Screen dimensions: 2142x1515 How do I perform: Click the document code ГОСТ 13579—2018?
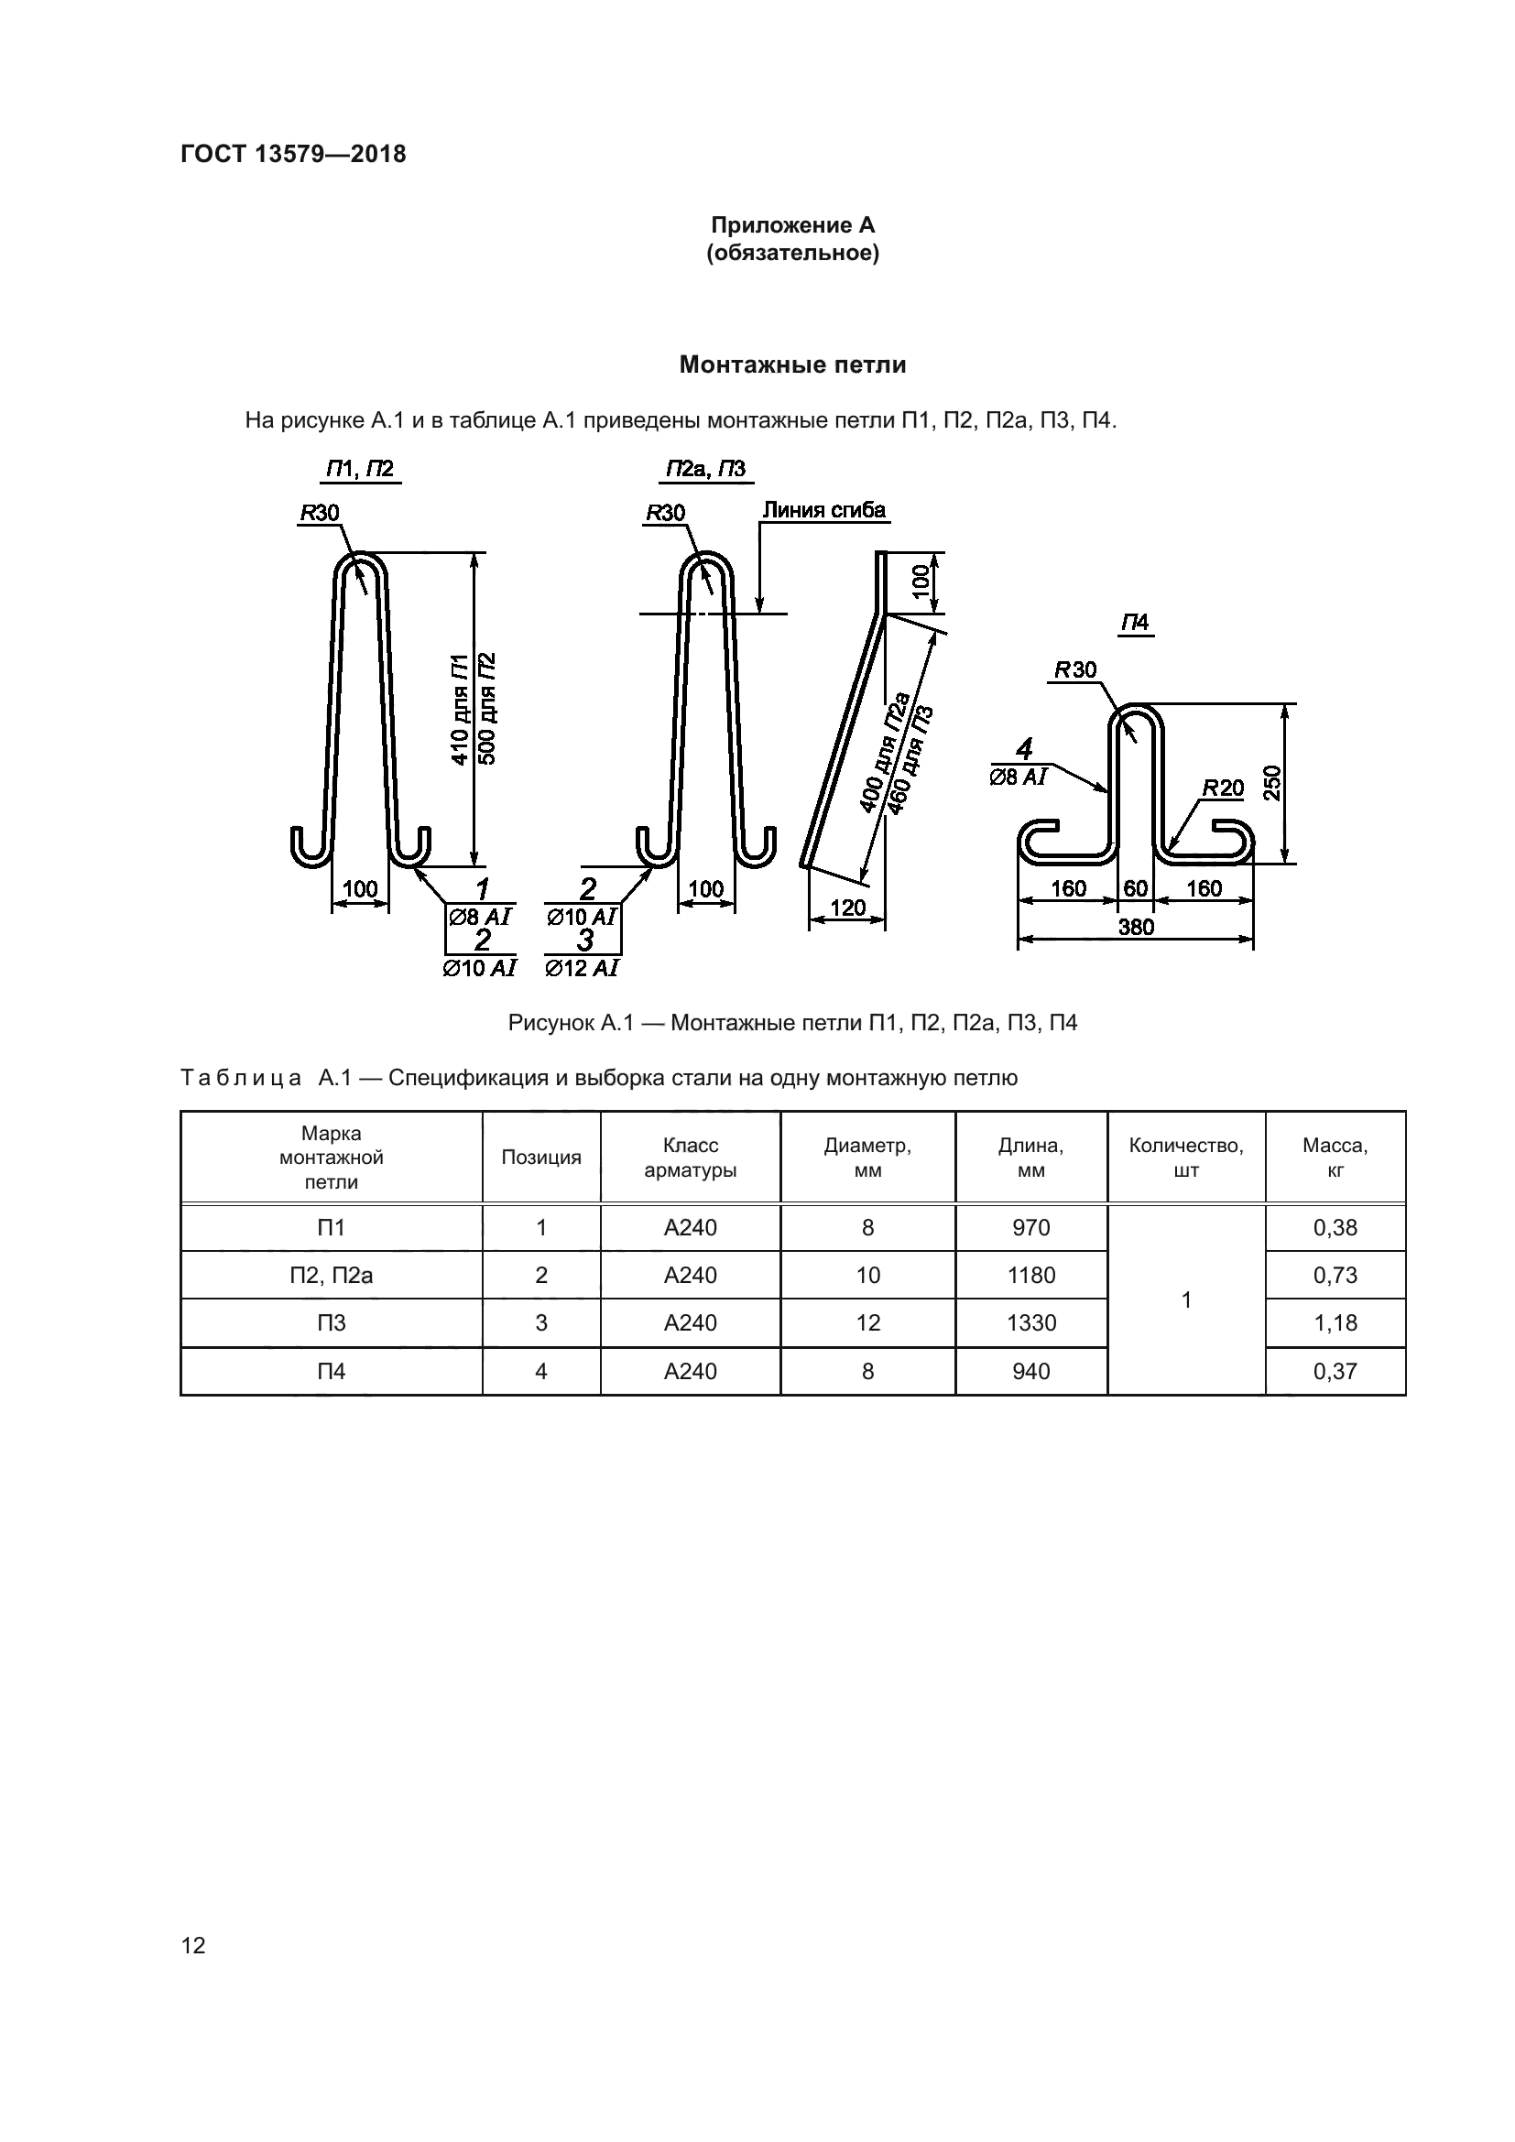click(293, 154)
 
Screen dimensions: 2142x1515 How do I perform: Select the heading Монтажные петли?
click(792, 364)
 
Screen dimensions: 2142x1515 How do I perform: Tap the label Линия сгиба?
click(823, 510)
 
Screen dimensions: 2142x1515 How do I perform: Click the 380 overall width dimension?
click(1135, 928)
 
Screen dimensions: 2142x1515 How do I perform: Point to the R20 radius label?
click(1222, 788)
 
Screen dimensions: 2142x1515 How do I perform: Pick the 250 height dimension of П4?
click(1272, 783)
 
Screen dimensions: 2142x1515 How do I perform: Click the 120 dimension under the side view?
click(847, 908)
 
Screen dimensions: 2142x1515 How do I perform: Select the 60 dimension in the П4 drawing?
click(1135, 888)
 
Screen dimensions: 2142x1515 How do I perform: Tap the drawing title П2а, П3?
click(705, 469)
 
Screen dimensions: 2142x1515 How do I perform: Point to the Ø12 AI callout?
click(582, 968)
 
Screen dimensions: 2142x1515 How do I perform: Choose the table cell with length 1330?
click(1030, 1323)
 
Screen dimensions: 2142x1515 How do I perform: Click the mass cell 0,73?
click(1335, 1276)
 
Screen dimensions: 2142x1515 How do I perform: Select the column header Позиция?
click(541, 1158)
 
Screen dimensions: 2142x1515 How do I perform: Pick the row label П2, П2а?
click(332, 1276)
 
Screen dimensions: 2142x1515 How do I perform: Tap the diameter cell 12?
click(867, 1323)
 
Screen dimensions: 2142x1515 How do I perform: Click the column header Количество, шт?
click(1185, 1158)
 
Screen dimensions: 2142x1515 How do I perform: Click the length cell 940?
click(1030, 1372)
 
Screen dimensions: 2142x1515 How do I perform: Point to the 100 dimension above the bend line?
click(920, 582)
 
